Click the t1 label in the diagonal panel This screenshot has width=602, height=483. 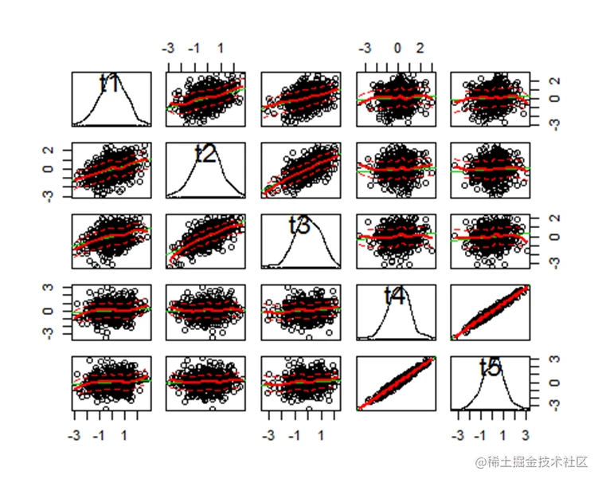click(x=110, y=83)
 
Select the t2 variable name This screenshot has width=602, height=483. click(x=205, y=154)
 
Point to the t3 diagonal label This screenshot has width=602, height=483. click(x=299, y=226)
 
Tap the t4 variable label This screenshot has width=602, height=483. click(x=395, y=296)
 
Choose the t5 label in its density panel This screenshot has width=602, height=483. click(x=491, y=367)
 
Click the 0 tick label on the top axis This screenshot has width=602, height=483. click(x=398, y=48)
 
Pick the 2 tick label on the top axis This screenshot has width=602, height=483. click(x=420, y=48)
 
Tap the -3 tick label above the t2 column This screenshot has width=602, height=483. click(x=168, y=48)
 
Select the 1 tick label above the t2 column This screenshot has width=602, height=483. click(x=221, y=48)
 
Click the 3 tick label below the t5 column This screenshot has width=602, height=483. click(x=526, y=435)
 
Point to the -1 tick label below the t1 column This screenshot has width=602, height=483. click(x=99, y=435)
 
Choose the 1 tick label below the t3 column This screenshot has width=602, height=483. click(x=321, y=435)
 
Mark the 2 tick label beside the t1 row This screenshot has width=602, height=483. click(x=554, y=81)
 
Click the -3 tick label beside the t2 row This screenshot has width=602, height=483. click(x=48, y=195)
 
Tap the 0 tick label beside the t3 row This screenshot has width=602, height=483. click(x=554, y=236)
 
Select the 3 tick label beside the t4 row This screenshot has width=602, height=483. click(x=48, y=288)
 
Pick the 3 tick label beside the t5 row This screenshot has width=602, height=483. click(x=554, y=359)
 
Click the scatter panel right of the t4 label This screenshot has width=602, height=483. click(x=491, y=312)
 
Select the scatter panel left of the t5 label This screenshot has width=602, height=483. click(x=397, y=383)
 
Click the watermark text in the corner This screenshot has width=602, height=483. click(x=532, y=461)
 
